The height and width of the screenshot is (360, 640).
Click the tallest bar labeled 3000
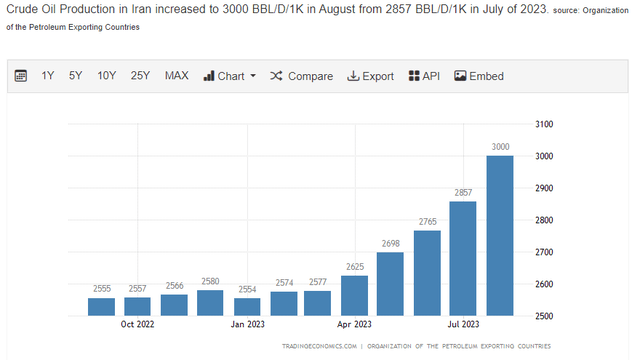500,235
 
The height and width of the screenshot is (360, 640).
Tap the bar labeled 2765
427,273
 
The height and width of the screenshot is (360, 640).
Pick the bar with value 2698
391,283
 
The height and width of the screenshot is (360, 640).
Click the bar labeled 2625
355,295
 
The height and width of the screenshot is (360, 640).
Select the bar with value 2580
210,302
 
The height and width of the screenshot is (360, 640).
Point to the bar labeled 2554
246,306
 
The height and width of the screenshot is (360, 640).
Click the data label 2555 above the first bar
101,289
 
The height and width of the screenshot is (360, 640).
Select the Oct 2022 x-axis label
138,325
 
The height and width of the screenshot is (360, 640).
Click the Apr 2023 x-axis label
355,325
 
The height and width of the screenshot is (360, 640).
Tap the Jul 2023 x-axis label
464,325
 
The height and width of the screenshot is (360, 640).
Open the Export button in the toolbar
370,76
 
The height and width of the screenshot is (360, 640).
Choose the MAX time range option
177,76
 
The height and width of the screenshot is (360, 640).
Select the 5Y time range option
76,76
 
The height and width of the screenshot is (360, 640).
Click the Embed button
479,76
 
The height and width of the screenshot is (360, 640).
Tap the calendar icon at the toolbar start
21,76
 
